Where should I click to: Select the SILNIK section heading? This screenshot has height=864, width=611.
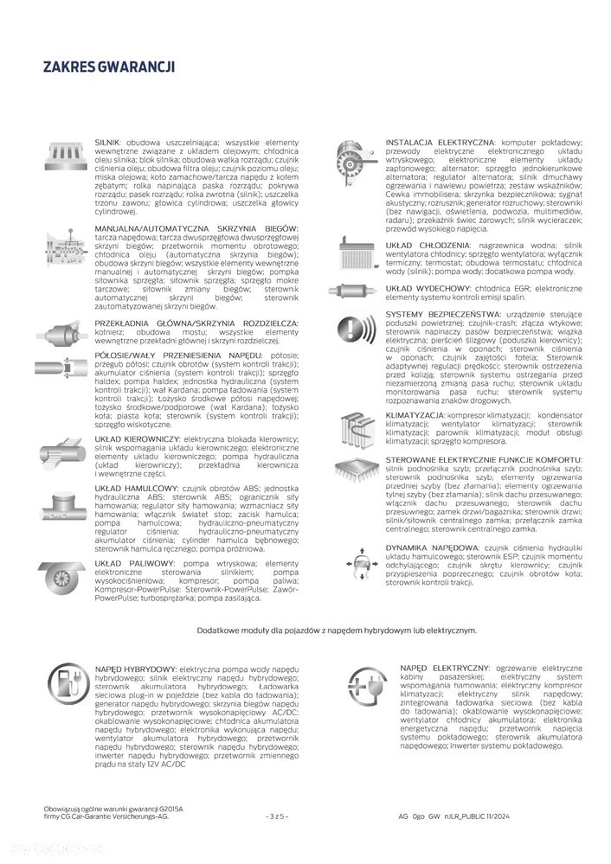pyautogui.click(x=106, y=140)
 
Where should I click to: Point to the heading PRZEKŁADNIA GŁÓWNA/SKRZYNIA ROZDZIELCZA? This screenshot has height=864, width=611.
pyautogui.click(x=196, y=322)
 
